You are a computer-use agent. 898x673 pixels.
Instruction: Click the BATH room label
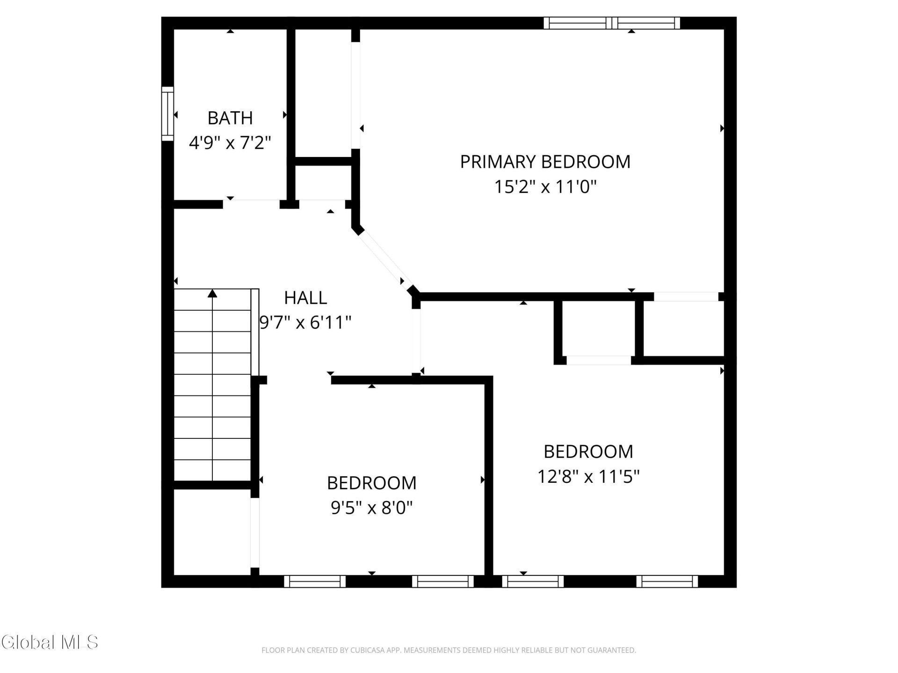pyautogui.click(x=230, y=118)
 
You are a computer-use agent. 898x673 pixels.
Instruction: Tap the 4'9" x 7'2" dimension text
pyautogui.click(x=230, y=143)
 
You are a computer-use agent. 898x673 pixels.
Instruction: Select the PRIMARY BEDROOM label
pyautogui.click(x=545, y=162)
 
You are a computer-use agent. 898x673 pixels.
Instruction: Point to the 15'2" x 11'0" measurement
pyautogui.click(x=545, y=187)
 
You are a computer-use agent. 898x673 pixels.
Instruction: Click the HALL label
pyautogui.click(x=305, y=298)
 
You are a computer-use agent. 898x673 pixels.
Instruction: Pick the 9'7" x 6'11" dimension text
pyautogui.click(x=305, y=322)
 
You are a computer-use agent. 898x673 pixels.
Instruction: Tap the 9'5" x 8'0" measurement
pyautogui.click(x=372, y=508)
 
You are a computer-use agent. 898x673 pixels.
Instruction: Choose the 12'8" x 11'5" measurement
pyautogui.click(x=588, y=477)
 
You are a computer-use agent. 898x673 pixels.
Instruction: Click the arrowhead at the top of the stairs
pyautogui.click(x=213, y=293)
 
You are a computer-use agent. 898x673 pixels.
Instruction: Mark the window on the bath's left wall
pyautogui.click(x=167, y=114)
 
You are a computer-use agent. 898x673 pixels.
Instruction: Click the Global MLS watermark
pyautogui.click(x=50, y=642)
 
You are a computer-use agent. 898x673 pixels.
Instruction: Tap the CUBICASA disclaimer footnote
pyautogui.click(x=449, y=650)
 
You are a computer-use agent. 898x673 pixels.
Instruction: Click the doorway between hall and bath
pyautogui.click(x=252, y=204)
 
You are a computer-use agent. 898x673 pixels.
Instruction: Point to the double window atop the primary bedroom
pyautogui.click(x=612, y=23)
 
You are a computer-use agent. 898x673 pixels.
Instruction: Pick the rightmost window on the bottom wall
pyautogui.click(x=667, y=581)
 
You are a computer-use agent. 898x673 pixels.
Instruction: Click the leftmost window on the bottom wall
pyautogui.click(x=315, y=581)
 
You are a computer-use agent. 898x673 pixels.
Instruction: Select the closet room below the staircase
pyautogui.click(x=212, y=532)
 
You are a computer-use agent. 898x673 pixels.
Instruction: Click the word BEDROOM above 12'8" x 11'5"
pyautogui.click(x=588, y=451)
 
